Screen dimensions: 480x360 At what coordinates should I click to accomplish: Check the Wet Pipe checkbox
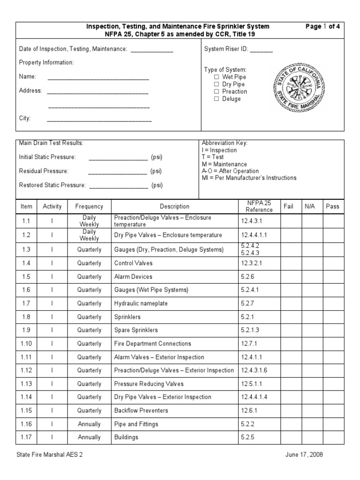tap(217, 77)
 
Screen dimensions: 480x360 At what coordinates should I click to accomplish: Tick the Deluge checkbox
tap(217, 99)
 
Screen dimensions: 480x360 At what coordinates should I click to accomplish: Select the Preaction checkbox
tap(217, 91)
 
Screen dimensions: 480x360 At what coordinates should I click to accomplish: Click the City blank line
tap(99, 119)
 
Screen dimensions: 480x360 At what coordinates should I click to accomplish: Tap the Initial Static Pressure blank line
tap(118, 157)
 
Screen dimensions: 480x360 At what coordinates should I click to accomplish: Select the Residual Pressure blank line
tap(117, 171)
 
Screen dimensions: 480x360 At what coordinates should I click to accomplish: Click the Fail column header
tap(288, 206)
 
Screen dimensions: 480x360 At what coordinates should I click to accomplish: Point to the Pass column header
tap(332, 206)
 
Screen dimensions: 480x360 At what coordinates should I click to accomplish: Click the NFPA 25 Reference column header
tap(259, 206)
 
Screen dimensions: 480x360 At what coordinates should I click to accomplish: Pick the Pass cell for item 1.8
tap(332, 317)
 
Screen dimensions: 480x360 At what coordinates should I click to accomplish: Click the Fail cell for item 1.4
tap(288, 263)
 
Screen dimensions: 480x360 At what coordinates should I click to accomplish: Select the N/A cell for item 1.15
tap(310, 411)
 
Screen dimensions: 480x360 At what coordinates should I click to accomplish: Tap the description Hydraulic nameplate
tap(141, 304)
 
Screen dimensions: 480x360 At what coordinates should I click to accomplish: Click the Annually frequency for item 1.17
tap(89, 437)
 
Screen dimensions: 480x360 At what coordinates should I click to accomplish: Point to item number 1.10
tap(27, 344)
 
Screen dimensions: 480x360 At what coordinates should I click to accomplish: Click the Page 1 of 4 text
tap(322, 26)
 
